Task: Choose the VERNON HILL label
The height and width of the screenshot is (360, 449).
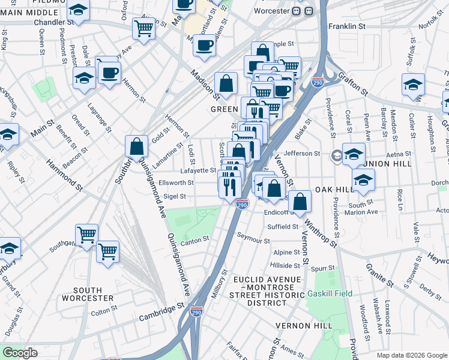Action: (304, 326)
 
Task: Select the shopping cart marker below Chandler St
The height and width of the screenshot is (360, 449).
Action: (144, 28)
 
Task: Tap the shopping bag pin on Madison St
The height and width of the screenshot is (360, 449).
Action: (226, 85)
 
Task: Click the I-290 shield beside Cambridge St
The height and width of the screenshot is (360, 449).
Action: (196, 313)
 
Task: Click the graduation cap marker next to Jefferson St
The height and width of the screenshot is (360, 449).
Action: (354, 154)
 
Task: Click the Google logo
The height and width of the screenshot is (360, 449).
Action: (20, 353)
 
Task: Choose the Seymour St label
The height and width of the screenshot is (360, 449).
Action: (253, 239)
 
